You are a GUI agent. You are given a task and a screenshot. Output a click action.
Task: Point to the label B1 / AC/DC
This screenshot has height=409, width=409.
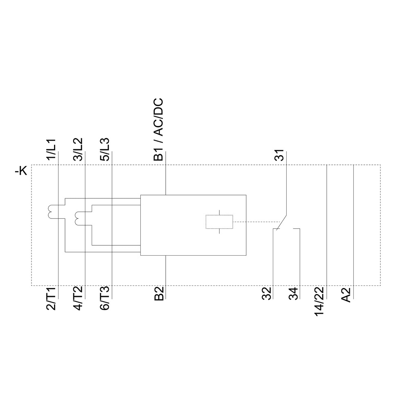click(x=159, y=129)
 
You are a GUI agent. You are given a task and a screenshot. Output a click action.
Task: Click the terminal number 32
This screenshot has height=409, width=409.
click(x=267, y=294)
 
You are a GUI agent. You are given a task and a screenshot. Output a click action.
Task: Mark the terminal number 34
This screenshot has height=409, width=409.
click(x=294, y=294)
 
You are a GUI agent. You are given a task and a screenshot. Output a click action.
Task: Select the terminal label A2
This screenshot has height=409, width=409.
click(x=346, y=294)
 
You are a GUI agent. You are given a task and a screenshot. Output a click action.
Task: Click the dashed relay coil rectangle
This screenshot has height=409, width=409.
click(x=219, y=222)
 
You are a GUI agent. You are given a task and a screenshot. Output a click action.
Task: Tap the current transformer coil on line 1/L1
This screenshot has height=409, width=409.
click(x=51, y=211)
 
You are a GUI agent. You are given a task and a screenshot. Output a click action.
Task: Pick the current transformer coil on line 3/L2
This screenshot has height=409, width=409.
click(x=77, y=218)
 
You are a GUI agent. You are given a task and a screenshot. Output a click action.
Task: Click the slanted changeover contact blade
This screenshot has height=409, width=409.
click(x=281, y=222)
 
